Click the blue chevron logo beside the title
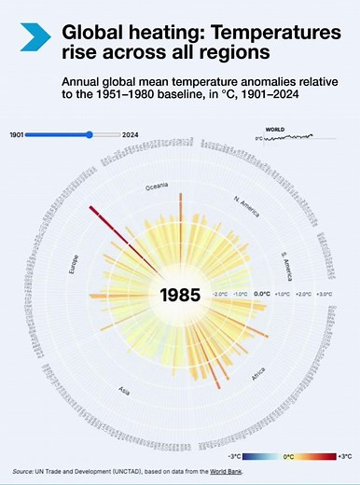pyautogui.click(x=35, y=36)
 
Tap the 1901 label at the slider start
pyautogui.click(x=16, y=134)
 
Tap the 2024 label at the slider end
pyautogui.click(x=132, y=134)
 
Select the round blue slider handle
pyautogui.click(x=90, y=134)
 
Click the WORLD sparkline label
pyautogui.click(x=275, y=129)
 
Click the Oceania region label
pyautogui.click(x=157, y=187)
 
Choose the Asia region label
pyautogui.click(x=124, y=390)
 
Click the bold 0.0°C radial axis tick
pyautogui.click(x=263, y=294)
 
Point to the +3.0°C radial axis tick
pyautogui.click(x=325, y=294)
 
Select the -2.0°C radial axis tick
pyautogui.click(x=220, y=294)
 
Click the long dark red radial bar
pyautogui.click(x=108, y=220)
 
